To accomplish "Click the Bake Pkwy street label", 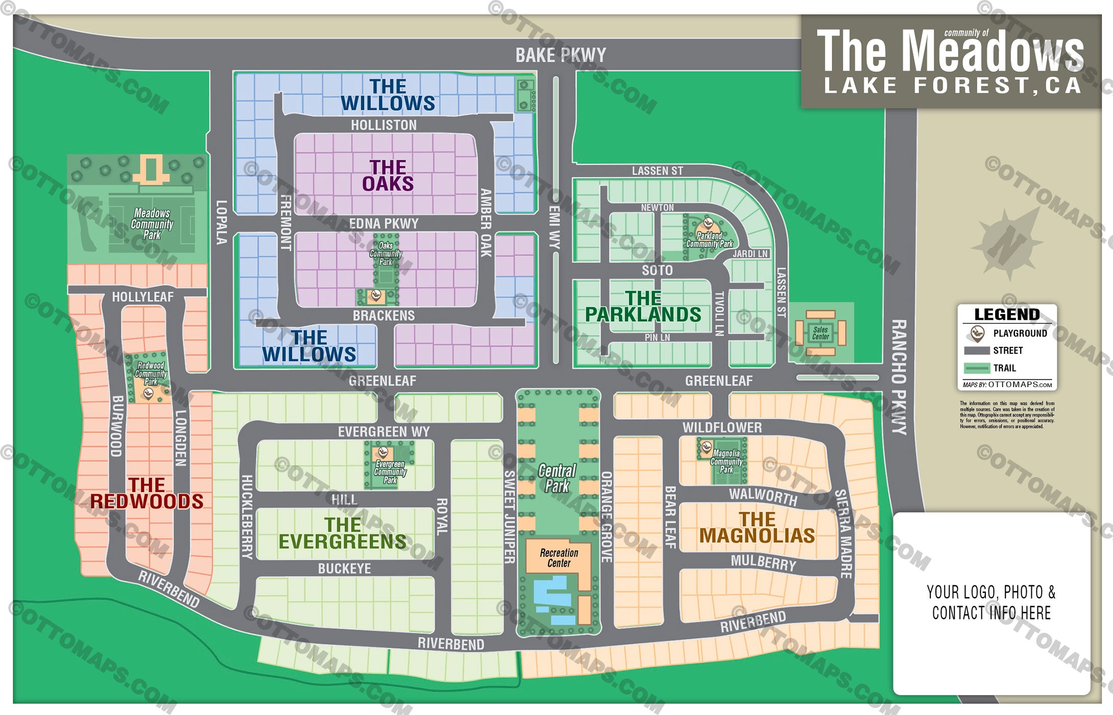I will (x=560, y=55).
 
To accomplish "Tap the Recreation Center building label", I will (x=559, y=558).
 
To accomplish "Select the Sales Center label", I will (x=820, y=333).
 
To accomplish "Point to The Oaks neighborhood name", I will (x=388, y=175).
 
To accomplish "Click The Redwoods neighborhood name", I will (x=147, y=493).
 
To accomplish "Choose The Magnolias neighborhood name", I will (x=757, y=528).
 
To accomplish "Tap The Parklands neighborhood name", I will (x=643, y=306).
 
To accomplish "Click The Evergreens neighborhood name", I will (x=342, y=533).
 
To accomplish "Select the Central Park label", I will (x=557, y=478).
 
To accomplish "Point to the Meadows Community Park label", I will (x=152, y=224).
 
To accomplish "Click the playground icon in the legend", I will (x=977, y=333).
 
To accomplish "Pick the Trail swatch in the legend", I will (x=977, y=368).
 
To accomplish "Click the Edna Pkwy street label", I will (x=384, y=224).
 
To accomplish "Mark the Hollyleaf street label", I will (x=143, y=297).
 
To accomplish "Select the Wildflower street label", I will (x=722, y=427).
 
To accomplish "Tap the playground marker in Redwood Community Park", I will (x=148, y=393).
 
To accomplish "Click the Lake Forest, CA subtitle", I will (x=952, y=86).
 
